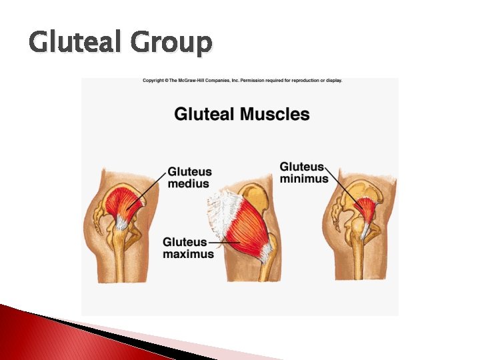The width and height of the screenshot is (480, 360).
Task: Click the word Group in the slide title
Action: pyautogui.click(x=171, y=44)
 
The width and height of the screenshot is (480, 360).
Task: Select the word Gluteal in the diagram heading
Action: pyautogui.click(x=205, y=114)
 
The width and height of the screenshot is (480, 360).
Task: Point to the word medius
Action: pyautogui.click(x=189, y=183)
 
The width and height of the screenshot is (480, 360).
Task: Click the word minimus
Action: pyautogui.click(x=304, y=178)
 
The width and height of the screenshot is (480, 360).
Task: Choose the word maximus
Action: pyautogui.click(x=188, y=254)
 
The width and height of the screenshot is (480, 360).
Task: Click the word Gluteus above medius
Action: pyautogui.click(x=191, y=171)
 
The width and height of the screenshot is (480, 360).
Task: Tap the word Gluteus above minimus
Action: pyautogui.click(x=302, y=167)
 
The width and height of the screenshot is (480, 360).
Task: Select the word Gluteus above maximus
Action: pyautogui.click(x=185, y=242)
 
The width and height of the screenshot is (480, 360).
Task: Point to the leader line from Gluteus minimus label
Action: pyautogui.click(x=340, y=187)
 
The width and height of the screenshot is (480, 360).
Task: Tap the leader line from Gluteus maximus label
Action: pyautogui.click(x=220, y=243)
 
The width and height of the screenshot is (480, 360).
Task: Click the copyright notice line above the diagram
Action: pyautogui.click(x=242, y=81)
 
